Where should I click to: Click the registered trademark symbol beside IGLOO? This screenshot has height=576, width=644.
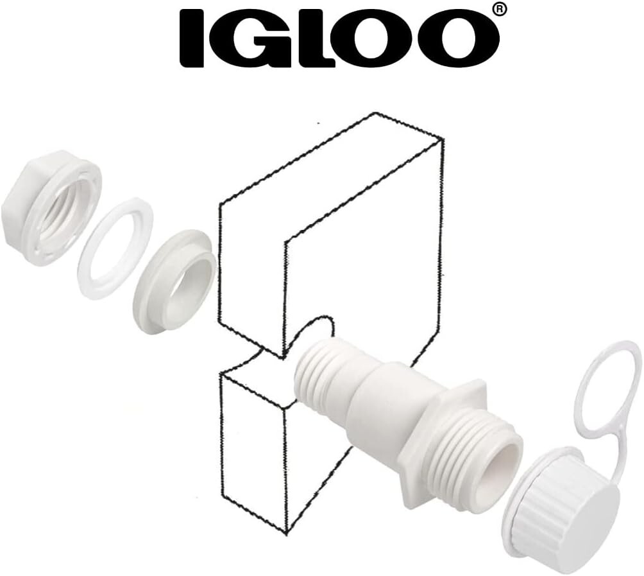[501, 9]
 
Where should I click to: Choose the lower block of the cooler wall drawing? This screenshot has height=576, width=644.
[257, 443]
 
